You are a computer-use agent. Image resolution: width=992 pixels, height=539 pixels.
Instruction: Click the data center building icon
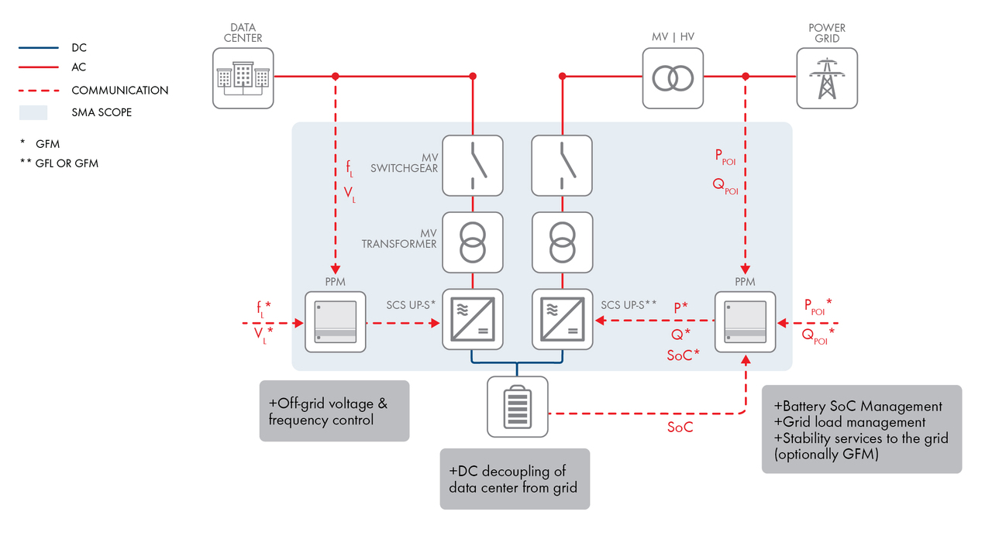[x=243, y=78]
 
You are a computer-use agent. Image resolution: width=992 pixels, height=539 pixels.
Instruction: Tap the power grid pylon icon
[x=827, y=78]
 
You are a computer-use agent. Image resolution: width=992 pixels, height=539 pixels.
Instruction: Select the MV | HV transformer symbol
[x=673, y=78]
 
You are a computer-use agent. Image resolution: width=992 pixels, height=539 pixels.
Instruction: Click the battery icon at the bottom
[x=517, y=407]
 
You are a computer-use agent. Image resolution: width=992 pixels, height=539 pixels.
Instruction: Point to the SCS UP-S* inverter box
[x=473, y=320]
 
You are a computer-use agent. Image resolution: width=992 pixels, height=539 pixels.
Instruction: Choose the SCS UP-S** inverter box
[x=563, y=320]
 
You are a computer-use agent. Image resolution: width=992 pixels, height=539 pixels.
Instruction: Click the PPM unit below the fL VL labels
[x=336, y=321]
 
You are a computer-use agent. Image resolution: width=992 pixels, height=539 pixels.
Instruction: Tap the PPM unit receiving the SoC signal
[x=746, y=321]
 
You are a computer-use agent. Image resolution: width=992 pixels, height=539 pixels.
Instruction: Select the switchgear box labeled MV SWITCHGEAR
[x=473, y=166]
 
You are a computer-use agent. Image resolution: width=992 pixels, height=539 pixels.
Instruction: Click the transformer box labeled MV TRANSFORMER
[x=473, y=242]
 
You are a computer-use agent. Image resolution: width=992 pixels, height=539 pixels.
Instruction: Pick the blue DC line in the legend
[x=39, y=47]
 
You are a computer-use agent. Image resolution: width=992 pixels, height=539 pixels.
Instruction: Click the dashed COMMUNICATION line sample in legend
[x=39, y=91]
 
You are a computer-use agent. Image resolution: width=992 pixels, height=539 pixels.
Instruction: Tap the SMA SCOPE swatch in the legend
[x=33, y=112]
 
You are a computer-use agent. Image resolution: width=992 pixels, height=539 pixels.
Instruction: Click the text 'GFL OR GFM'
[x=67, y=163]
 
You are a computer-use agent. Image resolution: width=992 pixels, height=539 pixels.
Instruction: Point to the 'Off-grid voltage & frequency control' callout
[x=334, y=410]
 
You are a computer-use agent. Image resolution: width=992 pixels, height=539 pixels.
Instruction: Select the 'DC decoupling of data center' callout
[x=515, y=479]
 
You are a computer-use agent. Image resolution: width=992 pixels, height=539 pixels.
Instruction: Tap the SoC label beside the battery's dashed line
[x=680, y=427]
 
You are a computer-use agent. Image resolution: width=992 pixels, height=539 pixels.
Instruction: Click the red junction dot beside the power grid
[x=746, y=76]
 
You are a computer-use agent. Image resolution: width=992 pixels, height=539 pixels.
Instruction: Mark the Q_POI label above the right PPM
[x=725, y=186]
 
